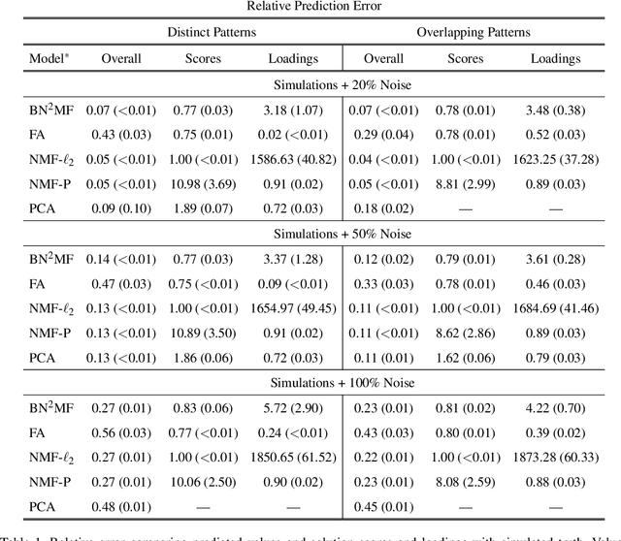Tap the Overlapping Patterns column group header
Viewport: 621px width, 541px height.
474,32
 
